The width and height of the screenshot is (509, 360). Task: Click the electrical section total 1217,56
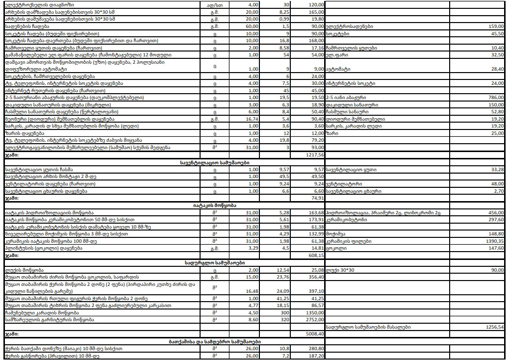click(x=314, y=154)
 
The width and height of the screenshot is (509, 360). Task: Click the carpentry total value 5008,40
click(x=314, y=334)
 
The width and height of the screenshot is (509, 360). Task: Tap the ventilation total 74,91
click(x=316, y=198)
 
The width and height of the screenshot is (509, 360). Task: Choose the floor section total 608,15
click(x=315, y=256)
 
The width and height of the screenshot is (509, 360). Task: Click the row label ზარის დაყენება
click(x=25, y=133)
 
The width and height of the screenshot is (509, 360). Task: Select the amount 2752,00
click(x=314, y=319)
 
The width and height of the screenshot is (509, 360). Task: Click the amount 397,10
click(x=315, y=291)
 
